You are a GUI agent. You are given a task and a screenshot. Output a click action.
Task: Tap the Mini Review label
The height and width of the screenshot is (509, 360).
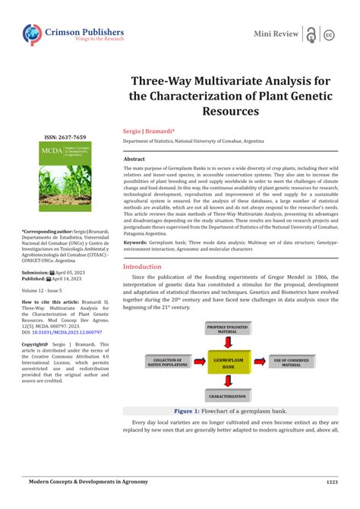pos(275,34)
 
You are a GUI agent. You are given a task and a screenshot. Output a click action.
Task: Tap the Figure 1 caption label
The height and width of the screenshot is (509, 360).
pos(186,410)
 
